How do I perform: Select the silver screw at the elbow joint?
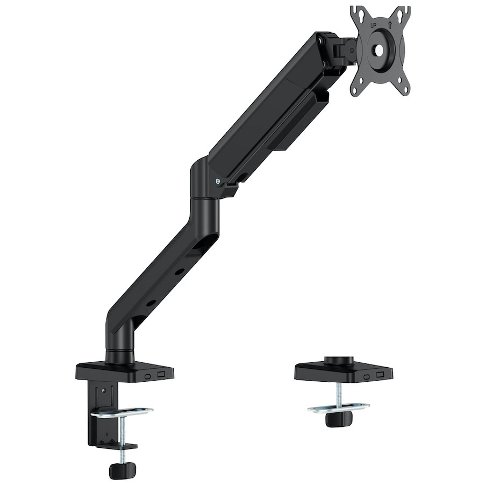pos(217,181)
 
